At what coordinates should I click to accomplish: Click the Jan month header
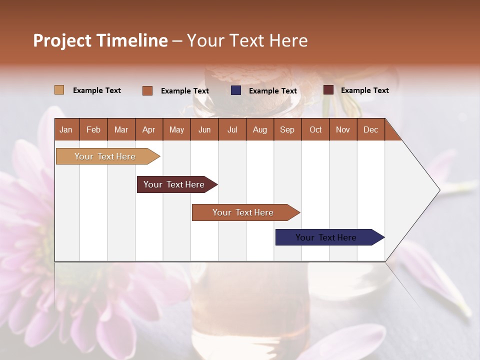[x=66, y=130]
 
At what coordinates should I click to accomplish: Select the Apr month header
[x=149, y=130]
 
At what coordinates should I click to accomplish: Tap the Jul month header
[x=232, y=130]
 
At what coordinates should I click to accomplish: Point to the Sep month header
[x=287, y=130]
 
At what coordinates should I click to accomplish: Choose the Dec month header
[x=370, y=130]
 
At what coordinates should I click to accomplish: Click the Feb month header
[x=93, y=130]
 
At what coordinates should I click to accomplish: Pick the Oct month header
[x=315, y=130]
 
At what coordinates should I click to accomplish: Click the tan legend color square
[x=59, y=90]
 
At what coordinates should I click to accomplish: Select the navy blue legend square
[x=236, y=90]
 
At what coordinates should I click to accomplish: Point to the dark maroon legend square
[x=328, y=90]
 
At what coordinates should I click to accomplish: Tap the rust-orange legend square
[x=147, y=90]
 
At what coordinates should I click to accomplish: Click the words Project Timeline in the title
[x=100, y=40]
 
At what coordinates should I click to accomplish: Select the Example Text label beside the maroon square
[x=364, y=90]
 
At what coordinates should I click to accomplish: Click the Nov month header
[x=343, y=130]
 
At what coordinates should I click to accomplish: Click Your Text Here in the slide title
[x=247, y=40]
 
